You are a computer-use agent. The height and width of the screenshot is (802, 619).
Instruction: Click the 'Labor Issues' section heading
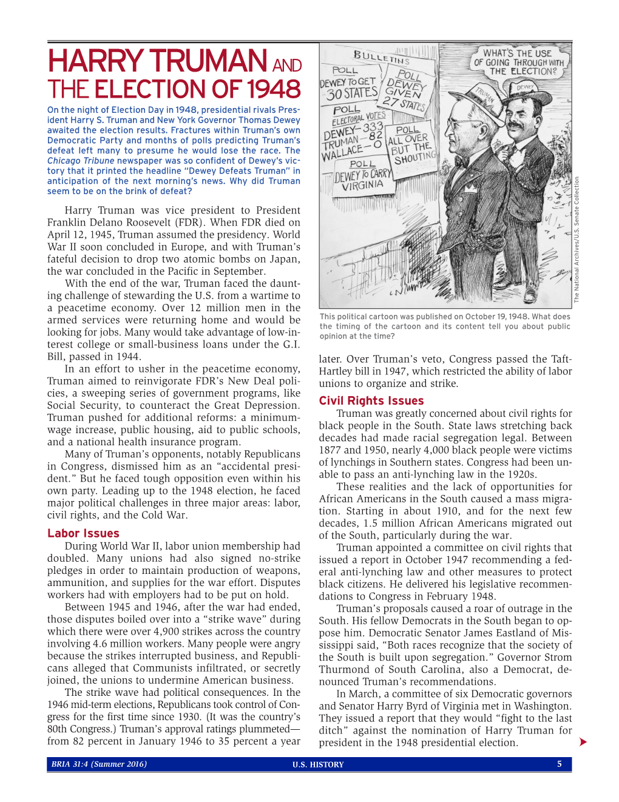click(x=83, y=533)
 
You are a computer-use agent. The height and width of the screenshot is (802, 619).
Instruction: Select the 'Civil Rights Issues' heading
click(x=371, y=401)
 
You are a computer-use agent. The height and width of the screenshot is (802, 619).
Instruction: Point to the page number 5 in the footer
click(x=560, y=764)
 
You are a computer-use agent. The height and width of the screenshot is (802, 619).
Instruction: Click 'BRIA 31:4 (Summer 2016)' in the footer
click(x=99, y=764)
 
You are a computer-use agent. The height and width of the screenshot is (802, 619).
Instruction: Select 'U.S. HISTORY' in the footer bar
click(x=318, y=764)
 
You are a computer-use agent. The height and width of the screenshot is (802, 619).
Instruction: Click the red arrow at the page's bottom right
click(x=583, y=742)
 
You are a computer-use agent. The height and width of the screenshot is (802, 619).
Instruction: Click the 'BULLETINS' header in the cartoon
click(x=381, y=58)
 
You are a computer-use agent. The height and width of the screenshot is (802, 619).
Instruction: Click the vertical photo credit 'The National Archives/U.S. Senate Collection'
click(x=577, y=240)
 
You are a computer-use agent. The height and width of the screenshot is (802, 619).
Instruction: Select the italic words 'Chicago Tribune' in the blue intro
click(x=81, y=161)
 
